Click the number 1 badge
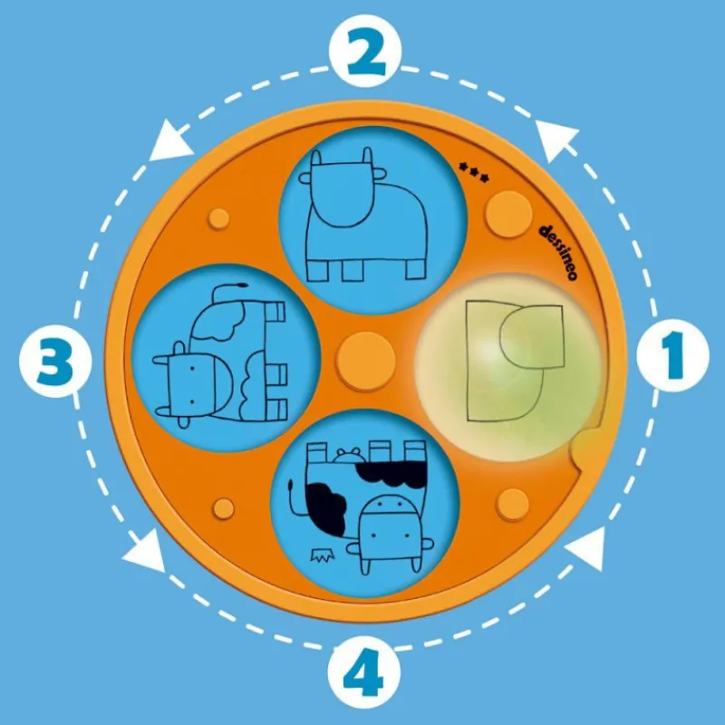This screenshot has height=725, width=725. (x=672, y=355)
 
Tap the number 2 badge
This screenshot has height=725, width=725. (x=365, y=51)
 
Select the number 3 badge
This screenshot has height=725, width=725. (x=55, y=361)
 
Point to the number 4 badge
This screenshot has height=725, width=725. (x=364, y=672)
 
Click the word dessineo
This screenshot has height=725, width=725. (x=559, y=253)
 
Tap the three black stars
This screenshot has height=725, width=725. (x=473, y=172)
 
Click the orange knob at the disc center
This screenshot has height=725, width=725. (x=366, y=361)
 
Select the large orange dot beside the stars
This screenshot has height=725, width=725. (x=508, y=214)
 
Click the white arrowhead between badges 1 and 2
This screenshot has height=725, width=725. (x=556, y=140)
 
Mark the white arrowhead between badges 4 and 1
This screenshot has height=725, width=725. (x=586, y=548)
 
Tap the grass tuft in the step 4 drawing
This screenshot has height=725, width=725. (x=322, y=555)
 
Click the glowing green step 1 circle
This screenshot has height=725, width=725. (x=508, y=368)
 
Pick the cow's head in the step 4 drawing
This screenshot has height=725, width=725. (x=391, y=534)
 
